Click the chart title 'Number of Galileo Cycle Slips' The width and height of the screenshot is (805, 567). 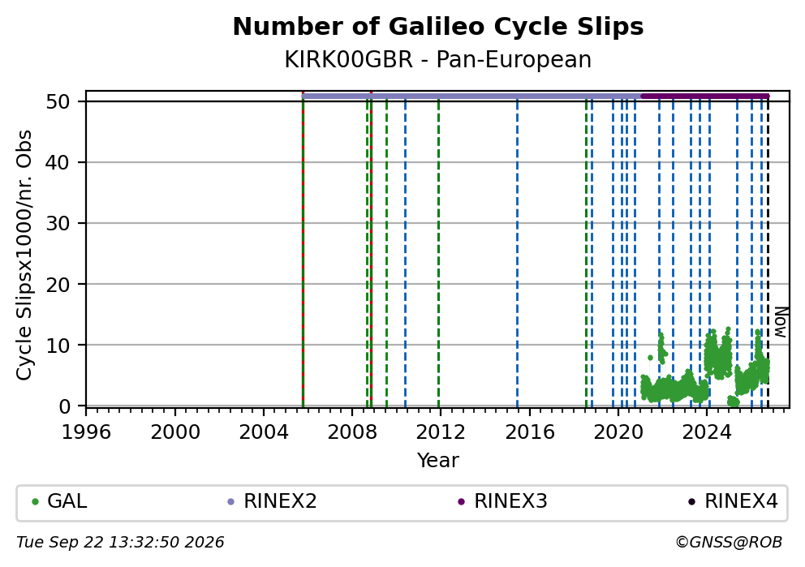(438, 27)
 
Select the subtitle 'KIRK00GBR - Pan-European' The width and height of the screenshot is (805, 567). (438, 59)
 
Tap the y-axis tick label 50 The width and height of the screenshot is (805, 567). (58, 101)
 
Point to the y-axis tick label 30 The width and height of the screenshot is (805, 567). (58, 223)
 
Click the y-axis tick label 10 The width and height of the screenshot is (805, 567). (58, 345)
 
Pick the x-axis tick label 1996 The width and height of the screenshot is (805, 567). (86, 432)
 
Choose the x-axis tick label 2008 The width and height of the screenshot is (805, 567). (351, 432)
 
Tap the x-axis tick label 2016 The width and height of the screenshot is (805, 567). (529, 432)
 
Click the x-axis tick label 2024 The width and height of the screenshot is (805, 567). (707, 432)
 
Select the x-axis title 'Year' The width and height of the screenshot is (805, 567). (438, 460)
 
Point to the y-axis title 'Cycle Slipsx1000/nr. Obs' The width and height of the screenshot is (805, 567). (24, 255)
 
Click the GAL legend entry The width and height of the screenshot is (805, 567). (59, 501)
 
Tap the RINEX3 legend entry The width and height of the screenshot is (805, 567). (502, 501)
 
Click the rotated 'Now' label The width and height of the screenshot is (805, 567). (781, 322)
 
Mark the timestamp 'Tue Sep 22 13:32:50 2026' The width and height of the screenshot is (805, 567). (120, 543)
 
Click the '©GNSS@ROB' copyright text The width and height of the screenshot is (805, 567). (729, 543)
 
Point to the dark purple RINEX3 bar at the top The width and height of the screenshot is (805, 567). (705, 96)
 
